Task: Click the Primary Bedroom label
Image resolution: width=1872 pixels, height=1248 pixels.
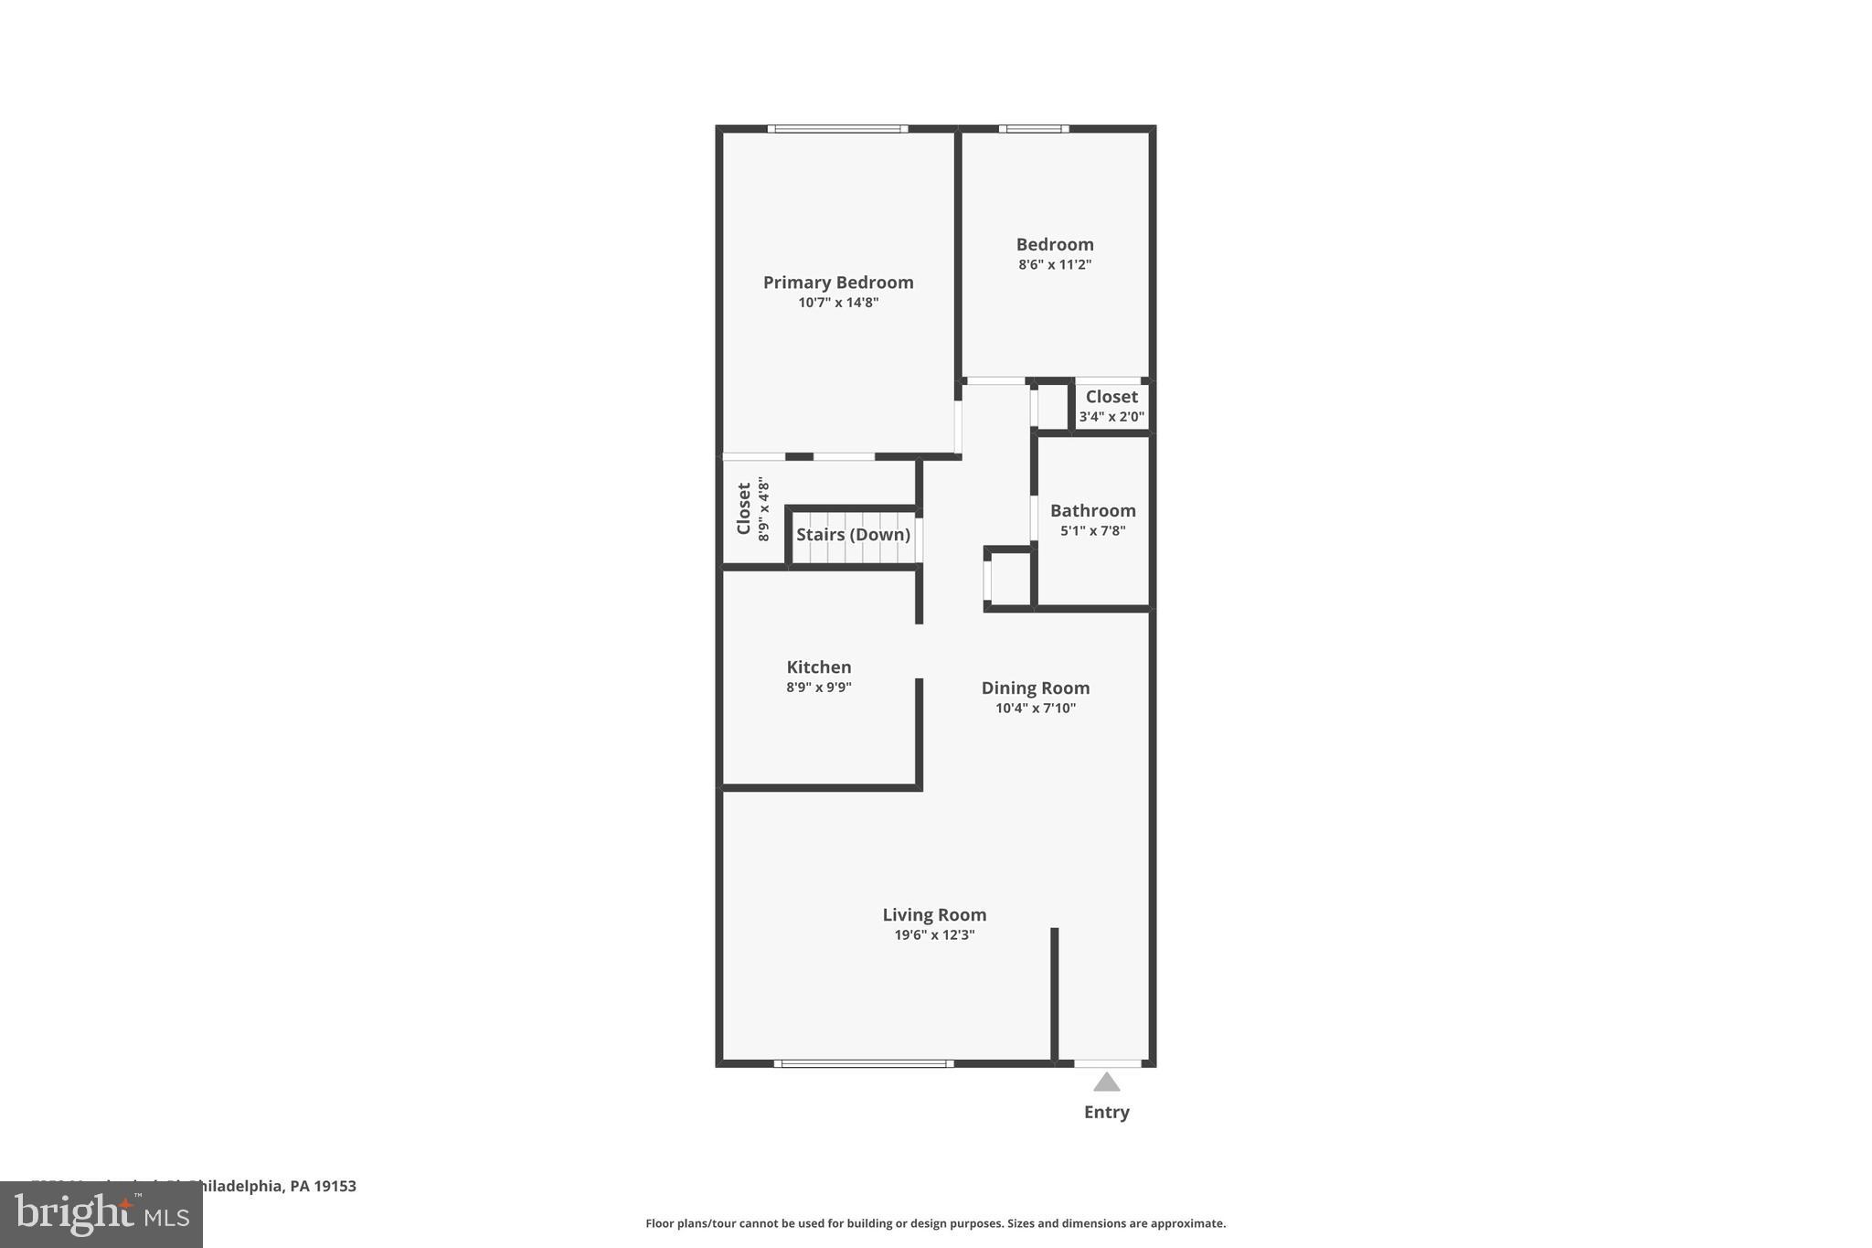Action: click(x=838, y=283)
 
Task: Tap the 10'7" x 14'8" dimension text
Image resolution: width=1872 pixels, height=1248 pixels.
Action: click(x=838, y=303)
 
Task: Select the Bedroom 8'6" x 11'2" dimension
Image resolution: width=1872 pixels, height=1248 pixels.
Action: click(x=1055, y=265)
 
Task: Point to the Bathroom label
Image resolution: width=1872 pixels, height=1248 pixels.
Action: click(x=1092, y=511)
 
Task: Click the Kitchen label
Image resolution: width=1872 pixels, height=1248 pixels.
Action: click(x=819, y=667)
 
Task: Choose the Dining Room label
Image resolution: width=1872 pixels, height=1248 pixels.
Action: click(x=1036, y=688)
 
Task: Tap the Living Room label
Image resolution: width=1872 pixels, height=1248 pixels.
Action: click(x=934, y=915)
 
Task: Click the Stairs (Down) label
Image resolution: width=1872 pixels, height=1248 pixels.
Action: click(x=853, y=535)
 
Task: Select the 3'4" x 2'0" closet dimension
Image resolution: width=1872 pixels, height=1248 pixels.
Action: click(x=1111, y=417)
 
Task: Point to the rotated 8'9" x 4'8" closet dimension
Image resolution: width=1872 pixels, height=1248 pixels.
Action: click(x=764, y=510)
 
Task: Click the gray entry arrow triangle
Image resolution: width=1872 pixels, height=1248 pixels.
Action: click(x=1107, y=1083)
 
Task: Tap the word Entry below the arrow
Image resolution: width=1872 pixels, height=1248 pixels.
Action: click(x=1107, y=1113)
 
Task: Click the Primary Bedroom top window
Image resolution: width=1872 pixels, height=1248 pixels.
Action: click(x=837, y=129)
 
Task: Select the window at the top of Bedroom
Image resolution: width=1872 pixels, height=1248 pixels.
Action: click(x=1034, y=129)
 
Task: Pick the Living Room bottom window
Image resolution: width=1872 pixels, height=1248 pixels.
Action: click(x=864, y=1063)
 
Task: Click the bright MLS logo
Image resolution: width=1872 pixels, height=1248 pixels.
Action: click(x=101, y=1214)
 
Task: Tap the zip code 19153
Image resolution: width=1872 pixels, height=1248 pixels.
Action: click(x=335, y=1187)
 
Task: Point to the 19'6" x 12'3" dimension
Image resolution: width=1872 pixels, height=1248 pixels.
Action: click(x=934, y=935)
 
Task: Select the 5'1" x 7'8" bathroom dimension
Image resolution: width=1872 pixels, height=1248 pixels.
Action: click(x=1092, y=531)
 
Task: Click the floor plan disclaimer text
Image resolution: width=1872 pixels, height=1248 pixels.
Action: click(x=935, y=1223)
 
